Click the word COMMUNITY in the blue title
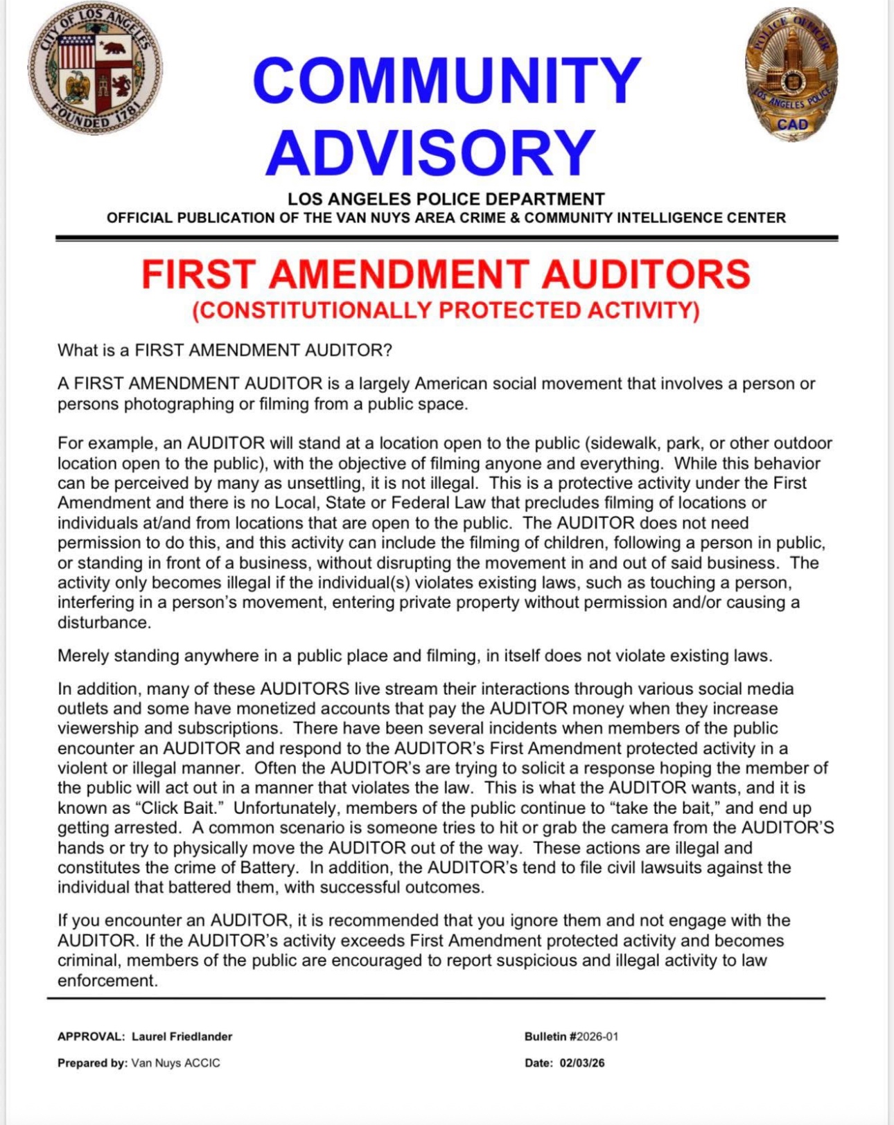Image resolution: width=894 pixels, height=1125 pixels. (x=446, y=81)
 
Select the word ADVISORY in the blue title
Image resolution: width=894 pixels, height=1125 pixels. (x=430, y=152)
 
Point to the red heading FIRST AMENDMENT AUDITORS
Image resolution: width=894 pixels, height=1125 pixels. (x=446, y=274)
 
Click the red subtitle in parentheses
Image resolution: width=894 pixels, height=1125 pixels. (x=446, y=310)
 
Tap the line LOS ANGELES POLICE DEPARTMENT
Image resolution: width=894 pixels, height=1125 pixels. (x=446, y=200)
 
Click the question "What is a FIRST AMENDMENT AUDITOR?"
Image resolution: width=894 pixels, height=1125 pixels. (x=225, y=350)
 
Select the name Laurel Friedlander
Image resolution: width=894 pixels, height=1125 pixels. (x=182, y=1036)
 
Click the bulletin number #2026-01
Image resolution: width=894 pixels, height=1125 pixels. (x=593, y=1036)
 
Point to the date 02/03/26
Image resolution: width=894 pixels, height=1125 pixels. (x=581, y=1063)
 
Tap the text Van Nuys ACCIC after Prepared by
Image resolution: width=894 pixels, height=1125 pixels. (x=175, y=1063)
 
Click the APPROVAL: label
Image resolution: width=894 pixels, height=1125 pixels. (x=91, y=1036)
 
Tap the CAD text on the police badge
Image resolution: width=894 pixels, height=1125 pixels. (x=792, y=125)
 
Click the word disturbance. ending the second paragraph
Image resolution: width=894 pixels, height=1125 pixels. (x=104, y=622)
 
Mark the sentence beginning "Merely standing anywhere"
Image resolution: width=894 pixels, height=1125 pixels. (x=414, y=655)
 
